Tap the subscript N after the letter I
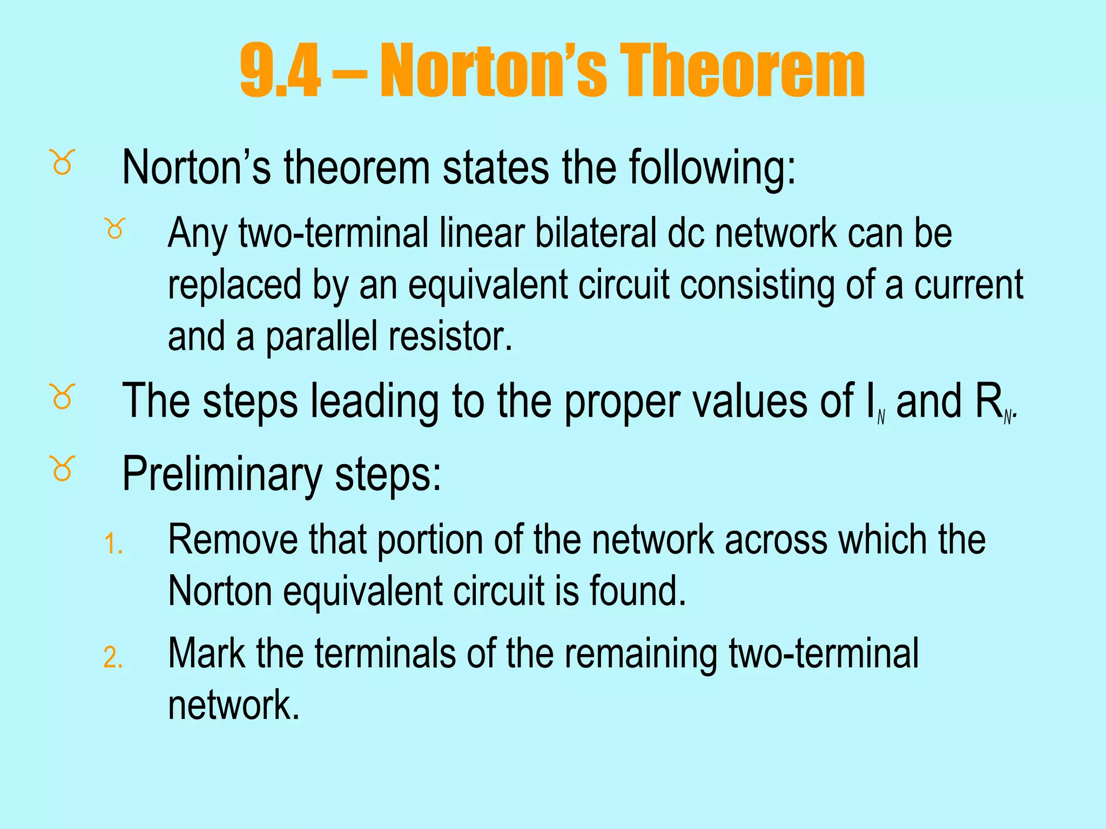point(881,417)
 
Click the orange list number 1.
point(113,543)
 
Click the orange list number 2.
point(113,658)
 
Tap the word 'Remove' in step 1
point(233,540)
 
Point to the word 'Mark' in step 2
point(206,654)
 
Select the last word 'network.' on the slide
point(233,705)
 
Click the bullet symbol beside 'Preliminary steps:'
point(63,468)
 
